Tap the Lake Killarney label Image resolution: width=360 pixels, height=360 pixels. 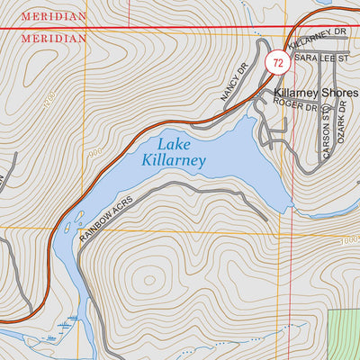coord(174,152)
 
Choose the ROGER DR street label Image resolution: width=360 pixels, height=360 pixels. coord(297,106)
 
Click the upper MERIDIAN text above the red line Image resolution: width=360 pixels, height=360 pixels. coord(55,16)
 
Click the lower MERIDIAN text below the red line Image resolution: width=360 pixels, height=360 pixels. coord(55,39)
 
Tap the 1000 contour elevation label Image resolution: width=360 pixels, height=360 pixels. coord(350,240)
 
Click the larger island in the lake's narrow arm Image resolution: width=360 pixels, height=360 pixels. coord(79,217)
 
